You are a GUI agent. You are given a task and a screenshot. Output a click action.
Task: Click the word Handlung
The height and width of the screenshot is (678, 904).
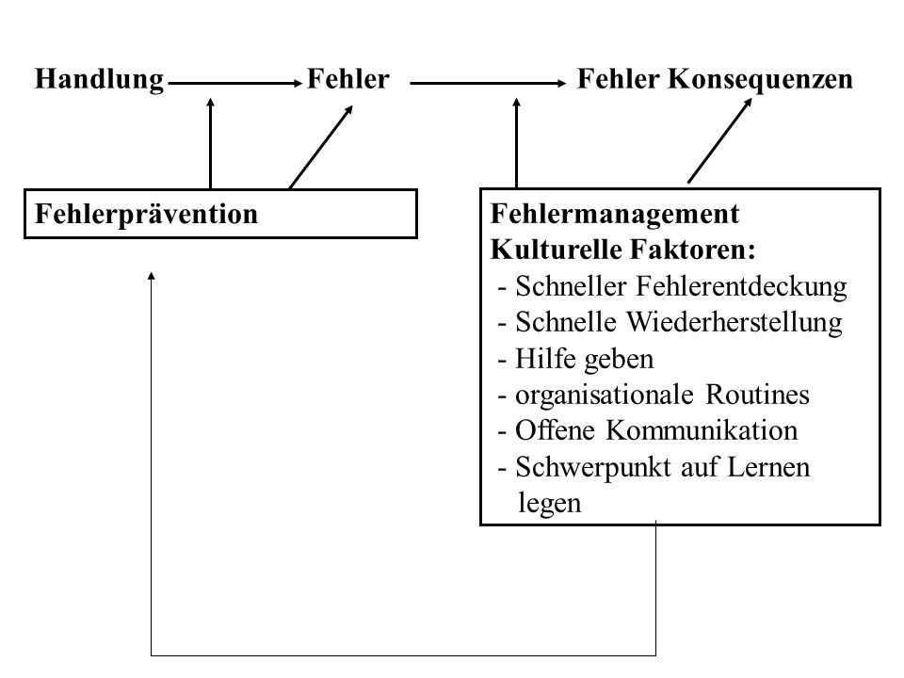pos(99,80)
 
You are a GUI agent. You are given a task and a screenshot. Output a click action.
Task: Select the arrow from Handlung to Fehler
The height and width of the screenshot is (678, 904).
pos(235,84)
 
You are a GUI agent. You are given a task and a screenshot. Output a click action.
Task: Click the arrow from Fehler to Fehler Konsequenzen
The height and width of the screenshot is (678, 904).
pos(488,84)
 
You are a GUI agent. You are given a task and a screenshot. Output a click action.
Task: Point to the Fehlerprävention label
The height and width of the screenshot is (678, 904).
pos(147,214)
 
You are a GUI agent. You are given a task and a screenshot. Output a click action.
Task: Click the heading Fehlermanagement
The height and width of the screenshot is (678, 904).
pos(615,214)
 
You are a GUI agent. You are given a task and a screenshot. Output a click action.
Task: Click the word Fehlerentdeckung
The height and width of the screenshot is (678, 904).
pos(741,287)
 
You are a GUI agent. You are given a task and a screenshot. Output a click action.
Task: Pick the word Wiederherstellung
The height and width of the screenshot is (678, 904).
pos(734,323)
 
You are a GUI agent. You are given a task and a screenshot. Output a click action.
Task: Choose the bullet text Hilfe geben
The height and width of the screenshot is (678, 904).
pos(584,360)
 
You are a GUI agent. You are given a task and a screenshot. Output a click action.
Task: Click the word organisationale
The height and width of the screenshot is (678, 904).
pos(605,395)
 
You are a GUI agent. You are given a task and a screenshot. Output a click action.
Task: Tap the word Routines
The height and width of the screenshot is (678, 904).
pos(757,395)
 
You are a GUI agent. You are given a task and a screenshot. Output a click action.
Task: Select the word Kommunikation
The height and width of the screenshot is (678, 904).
pos(702,430)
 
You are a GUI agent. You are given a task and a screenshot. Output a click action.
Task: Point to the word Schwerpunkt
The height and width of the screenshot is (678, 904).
pos(594,468)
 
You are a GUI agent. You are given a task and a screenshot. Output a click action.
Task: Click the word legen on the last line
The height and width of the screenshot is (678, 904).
pos(549,504)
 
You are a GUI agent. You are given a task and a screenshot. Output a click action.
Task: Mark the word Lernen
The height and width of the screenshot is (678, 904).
pos(768,467)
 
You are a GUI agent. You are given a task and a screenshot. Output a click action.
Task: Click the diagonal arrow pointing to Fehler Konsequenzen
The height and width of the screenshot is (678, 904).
pos(720,140)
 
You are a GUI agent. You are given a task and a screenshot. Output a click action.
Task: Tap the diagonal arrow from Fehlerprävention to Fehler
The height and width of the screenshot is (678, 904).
pos(320,147)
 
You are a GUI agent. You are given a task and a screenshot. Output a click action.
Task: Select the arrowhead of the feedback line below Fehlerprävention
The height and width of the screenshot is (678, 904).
pos(151,276)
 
